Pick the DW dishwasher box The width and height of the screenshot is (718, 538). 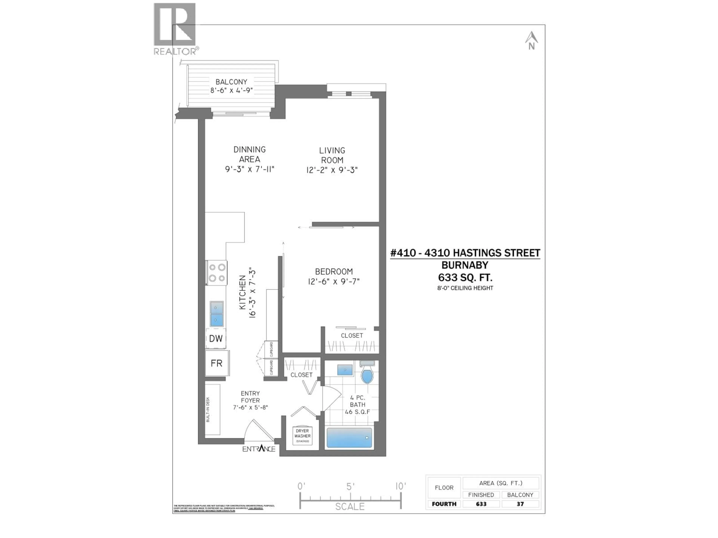click(x=216, y=338)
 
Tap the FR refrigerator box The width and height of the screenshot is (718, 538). click(x=217, y=363)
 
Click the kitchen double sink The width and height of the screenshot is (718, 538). click(x=217, y=314)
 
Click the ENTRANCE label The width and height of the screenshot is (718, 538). click(x=259, y=449)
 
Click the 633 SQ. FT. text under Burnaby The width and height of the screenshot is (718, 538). click(x=465, y=278)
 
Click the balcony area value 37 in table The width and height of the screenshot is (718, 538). click(x=520, y=504)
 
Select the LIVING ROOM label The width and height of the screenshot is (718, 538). click(x=332, y=155)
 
